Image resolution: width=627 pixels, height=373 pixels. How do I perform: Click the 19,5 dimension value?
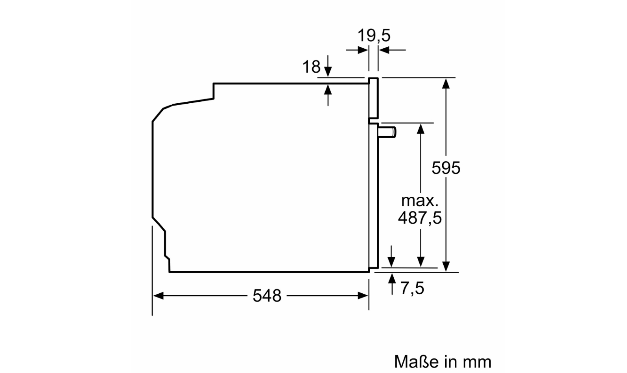click(x=374, y=35)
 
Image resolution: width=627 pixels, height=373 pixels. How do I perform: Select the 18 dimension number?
click(x=311, y=67)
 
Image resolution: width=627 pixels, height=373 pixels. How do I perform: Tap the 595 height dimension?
click(x=446, y=168)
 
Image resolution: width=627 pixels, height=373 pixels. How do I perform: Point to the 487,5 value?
click(x=420, y=218)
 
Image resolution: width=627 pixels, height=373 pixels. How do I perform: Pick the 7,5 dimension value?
click(x=412, y=288)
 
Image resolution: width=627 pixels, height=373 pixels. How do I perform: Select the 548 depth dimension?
click(x=267, y=296)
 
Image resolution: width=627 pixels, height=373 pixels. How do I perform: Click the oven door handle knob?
click(x=387, y=132)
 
